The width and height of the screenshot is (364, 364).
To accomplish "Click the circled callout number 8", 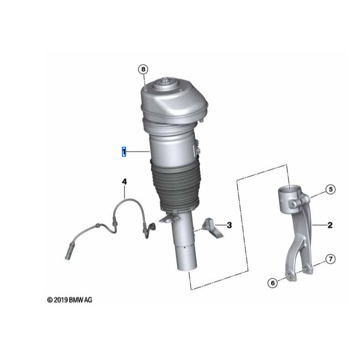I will click(143, 69).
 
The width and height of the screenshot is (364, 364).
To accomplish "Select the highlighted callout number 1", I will click(123, 152).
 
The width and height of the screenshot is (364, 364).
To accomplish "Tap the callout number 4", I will click(124, 182).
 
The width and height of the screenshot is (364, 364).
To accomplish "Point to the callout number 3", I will click(229, 225).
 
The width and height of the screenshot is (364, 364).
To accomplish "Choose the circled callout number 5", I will click(330, 189).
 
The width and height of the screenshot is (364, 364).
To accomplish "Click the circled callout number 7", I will click(330, 259).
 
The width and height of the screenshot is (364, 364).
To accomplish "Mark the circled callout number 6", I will click(273, 283).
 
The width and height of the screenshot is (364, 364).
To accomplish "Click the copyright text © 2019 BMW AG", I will click(69, 300).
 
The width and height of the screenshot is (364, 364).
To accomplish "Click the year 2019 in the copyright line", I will click(61, 300).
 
